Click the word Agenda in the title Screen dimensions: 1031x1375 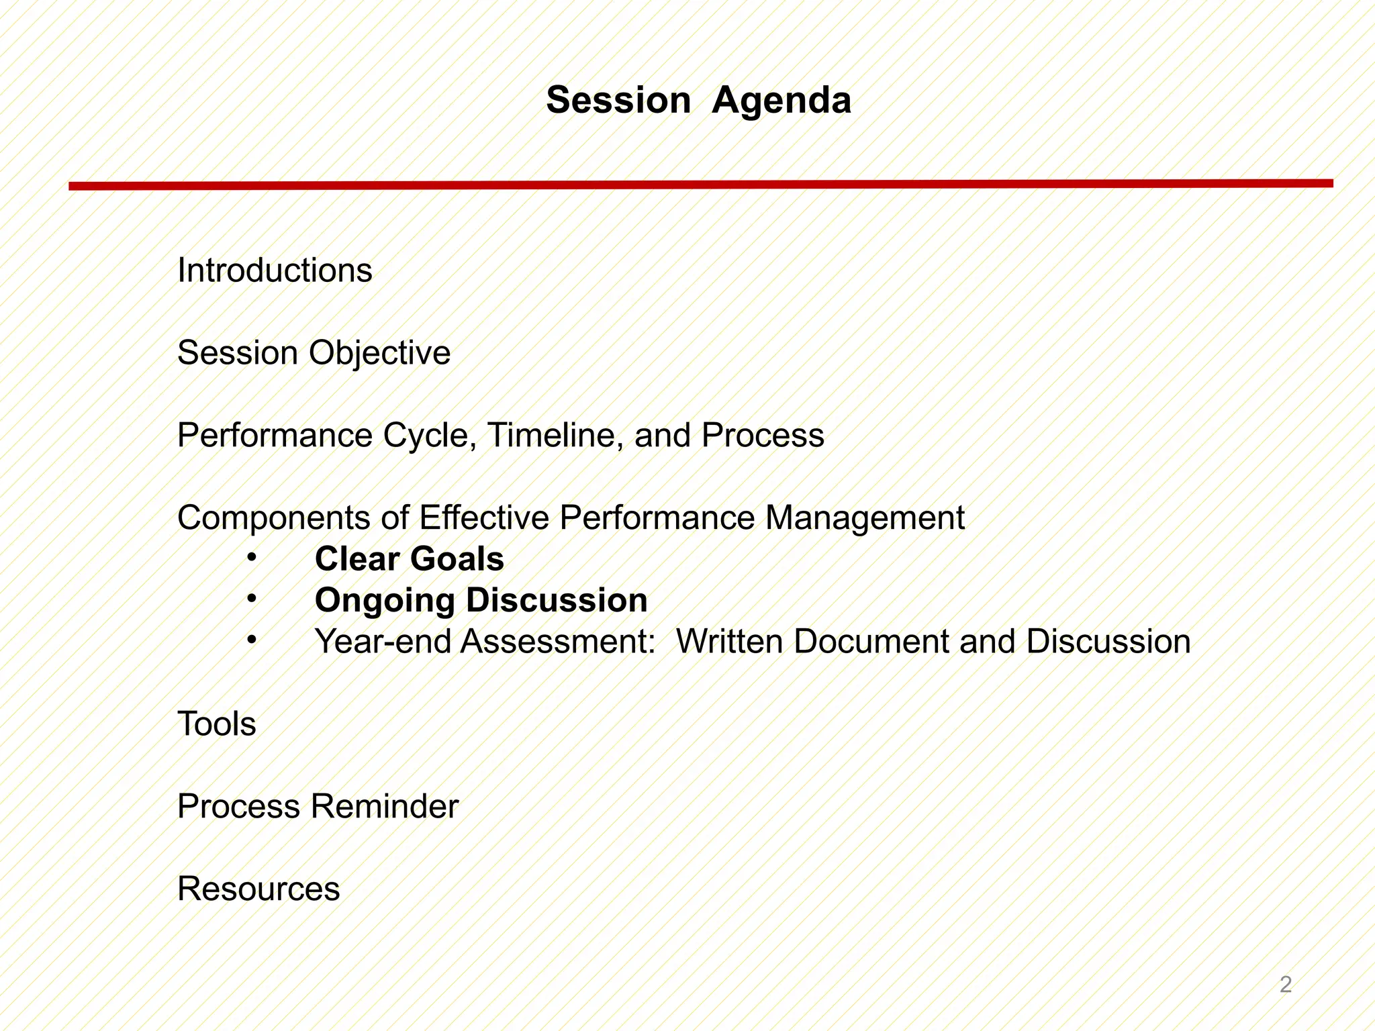pos(781,101)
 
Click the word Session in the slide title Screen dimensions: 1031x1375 pos(618,101)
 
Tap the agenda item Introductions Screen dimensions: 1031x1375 pos(275,271)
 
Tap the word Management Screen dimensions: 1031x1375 pos(864,519)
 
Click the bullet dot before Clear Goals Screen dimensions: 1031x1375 pos(251,557)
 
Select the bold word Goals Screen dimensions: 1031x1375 pos(457,559)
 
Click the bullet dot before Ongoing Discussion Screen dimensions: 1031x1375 pos(251,598)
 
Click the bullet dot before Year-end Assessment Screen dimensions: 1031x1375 pos(251,640)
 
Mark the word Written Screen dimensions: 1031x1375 pos(730,642)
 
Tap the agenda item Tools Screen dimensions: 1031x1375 pos(216,724)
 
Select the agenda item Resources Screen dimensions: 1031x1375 pos(258,889)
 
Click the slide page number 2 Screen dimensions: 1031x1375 pos(1285,985)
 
